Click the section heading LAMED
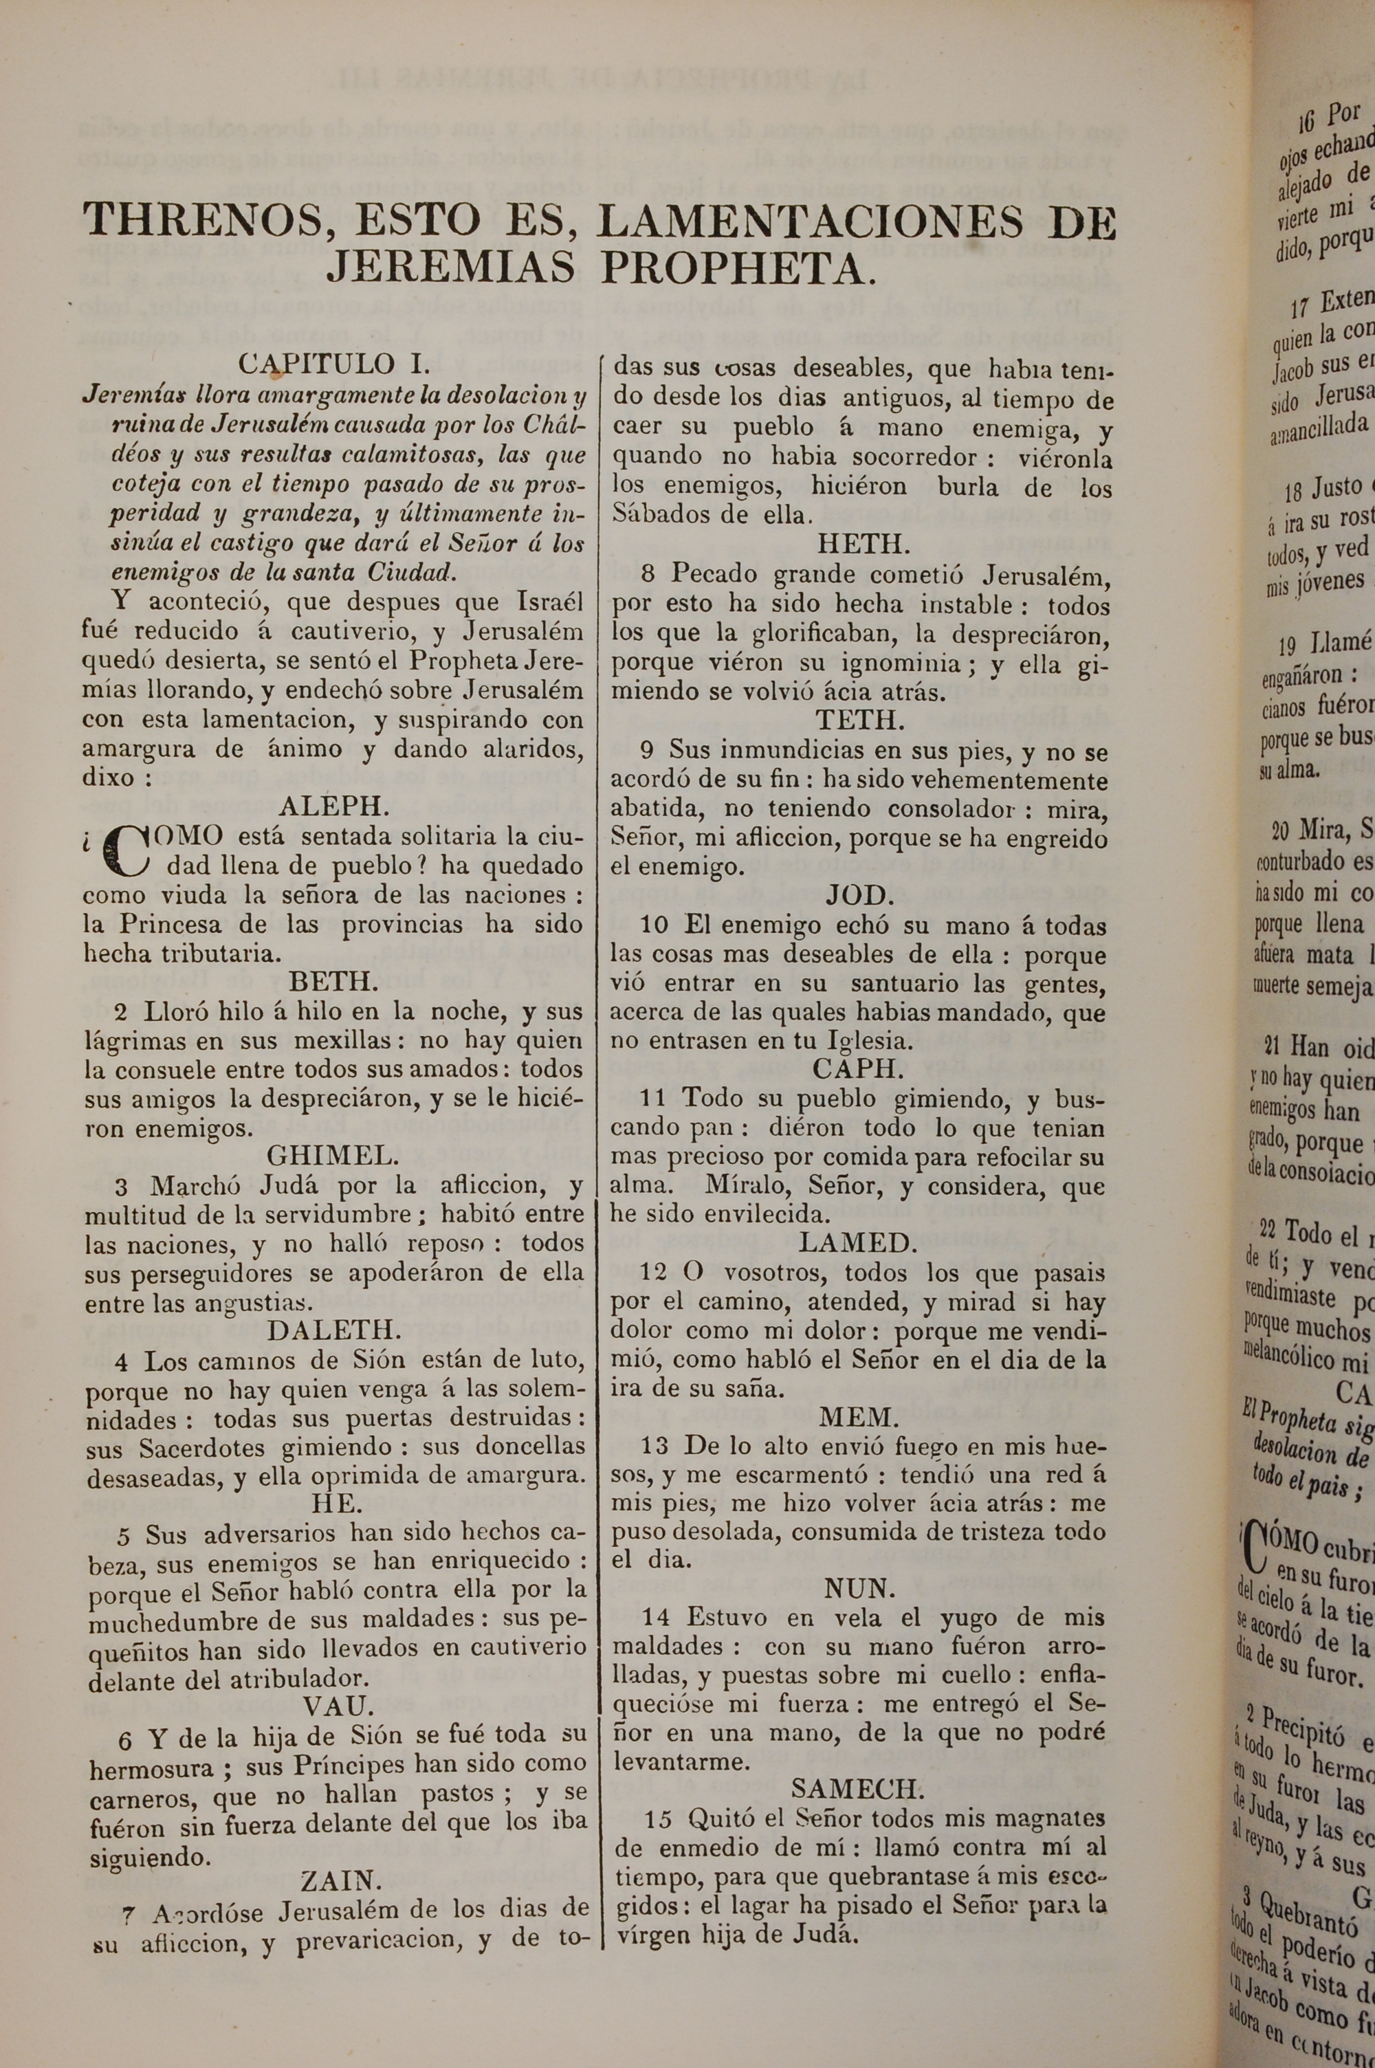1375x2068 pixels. pyautogui.click(x=857, y=1242)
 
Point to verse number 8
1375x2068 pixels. pyautogui.click(x=648, y=574)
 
